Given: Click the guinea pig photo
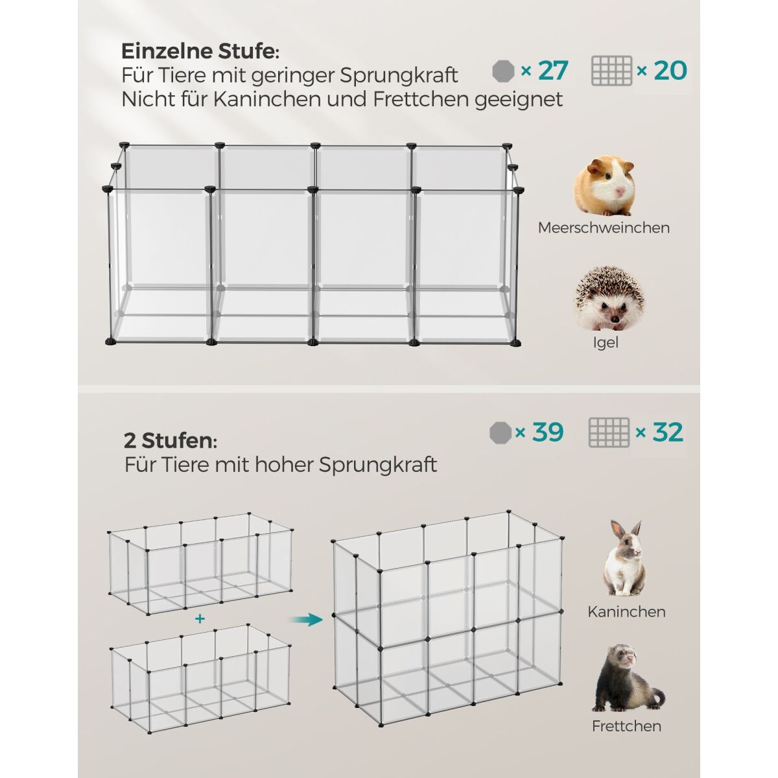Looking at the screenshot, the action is pyautogui.click(x=604, y=186).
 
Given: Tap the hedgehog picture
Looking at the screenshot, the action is pyautogui.click(x=609, y=299).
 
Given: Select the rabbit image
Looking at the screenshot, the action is pyautogui.click(x=624, y=557).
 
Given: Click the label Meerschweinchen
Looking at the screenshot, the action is pyautogui.click(x=604, y=228).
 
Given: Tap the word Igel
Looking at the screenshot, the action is pyautogui.click(x=606, y=343).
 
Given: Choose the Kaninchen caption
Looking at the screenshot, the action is pyautogui.click(x=626, y=611).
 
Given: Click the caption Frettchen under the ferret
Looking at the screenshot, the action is pyautogui.click(x=626, y=726).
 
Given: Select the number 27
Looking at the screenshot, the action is pyautogui.click(x=553, y=71).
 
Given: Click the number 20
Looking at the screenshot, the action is pyautogui.click(x=670, y=70).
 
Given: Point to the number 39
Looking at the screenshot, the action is pyautogui.click(x=548, y=432).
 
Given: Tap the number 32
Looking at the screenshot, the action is pyautogui.click(x=668, y=432).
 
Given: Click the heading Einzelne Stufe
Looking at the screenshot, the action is pyautogui.click(x=200, y=51).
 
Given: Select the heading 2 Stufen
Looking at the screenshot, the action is pyautogui.click(x=171, y=440).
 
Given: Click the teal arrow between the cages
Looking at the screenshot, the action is pyautogui.click(x=307, y=619).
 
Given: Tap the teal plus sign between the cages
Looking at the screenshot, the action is pyautogui.click(x=200, y=619).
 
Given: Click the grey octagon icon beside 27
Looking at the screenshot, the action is pyautogui.click(x=504, y=71).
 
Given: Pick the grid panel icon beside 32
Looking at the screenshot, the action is pyautogui.click(x=609, y=432).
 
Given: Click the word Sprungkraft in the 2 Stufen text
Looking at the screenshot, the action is pyautogui.click(x=377, y=465).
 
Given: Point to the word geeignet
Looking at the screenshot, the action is pyautogui.click(x=519, y=100).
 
